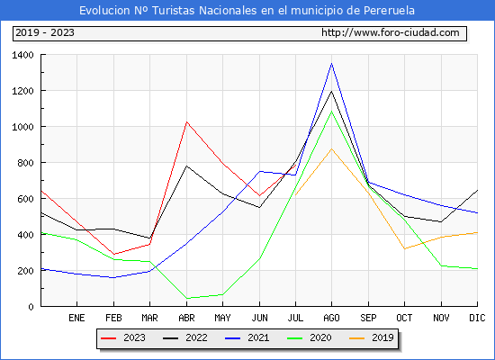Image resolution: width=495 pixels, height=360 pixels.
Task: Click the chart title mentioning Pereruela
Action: click(247, 11)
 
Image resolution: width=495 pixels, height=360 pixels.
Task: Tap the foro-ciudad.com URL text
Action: click(391, 32)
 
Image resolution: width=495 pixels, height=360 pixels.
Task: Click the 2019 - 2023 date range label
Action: click(45, 32)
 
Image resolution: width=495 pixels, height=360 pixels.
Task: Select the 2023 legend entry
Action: click(123, 337)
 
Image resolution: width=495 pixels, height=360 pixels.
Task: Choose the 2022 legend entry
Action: click(185, 337)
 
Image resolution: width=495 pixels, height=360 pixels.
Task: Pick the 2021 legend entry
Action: click(247, 337)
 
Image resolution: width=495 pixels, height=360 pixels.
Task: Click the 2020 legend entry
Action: click(309, 337)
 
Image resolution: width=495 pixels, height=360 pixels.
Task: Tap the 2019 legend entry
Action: click(371, 337)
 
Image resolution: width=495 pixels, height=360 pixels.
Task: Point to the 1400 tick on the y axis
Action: click(22, 55)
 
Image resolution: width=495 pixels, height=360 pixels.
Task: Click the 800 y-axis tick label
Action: click(25, 163)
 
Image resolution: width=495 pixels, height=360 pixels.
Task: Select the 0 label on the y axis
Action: click(31, 307)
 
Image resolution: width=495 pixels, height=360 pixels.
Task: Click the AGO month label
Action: click(331, 318)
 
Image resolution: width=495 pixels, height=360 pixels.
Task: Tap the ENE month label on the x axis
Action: click(76, 318)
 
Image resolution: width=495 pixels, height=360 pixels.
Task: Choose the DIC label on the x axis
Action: click(477, 318)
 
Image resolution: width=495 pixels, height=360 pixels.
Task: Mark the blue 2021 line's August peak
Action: click(331, 64)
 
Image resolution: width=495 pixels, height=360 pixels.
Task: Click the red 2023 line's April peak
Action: click(187, 121)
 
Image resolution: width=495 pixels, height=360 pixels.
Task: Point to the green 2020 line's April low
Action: click(187, 298)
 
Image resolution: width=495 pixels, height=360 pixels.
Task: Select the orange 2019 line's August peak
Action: click(331, 148)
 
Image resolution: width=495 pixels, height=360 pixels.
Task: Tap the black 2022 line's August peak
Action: click(331, 91)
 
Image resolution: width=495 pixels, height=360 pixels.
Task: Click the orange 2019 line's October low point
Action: click(404, 248)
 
